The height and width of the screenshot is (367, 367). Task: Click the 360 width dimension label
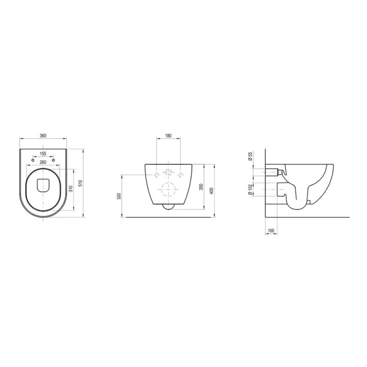tap(43, 135)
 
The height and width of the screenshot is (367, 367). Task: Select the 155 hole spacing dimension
tap(43, 154)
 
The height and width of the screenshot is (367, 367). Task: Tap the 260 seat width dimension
tap(43, 162)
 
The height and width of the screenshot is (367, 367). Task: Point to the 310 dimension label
tap(71, 189)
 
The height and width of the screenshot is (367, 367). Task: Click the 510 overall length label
tap(80, 183)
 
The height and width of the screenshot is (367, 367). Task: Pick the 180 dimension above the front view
tap(168, 135)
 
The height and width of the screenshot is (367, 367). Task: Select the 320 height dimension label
tap(119, 196)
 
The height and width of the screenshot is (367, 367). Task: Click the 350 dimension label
tap(201, 187)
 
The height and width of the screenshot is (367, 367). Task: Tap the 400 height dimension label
tap(212, 191)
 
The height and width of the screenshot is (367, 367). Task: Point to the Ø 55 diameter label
tap(250, 156)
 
